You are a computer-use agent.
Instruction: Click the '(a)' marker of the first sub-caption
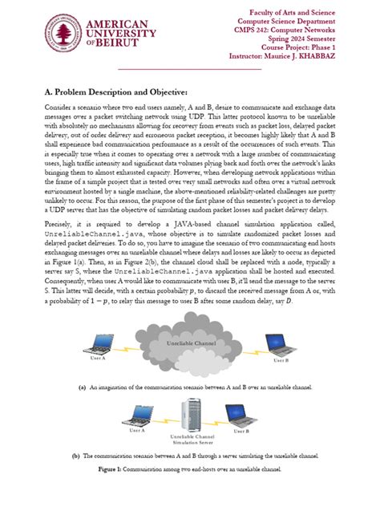click(82, 386)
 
